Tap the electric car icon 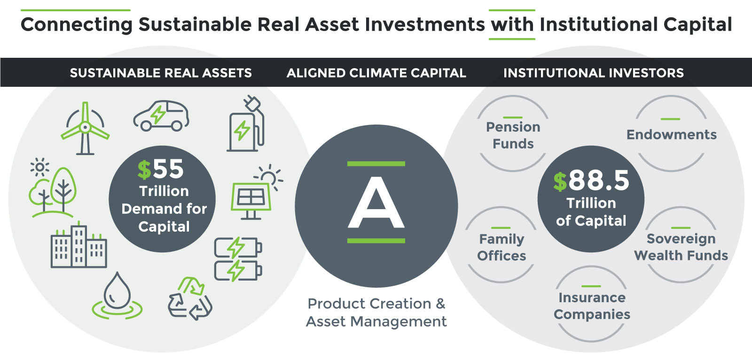161,116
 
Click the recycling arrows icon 190,298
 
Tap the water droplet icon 117,296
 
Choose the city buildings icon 79,244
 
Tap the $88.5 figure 591,180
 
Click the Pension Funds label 513,135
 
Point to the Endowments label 672,135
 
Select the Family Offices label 501,248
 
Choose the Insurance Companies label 592,306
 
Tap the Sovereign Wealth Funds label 681,247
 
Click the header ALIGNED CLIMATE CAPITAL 376,73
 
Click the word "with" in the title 512,24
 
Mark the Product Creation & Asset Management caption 376,313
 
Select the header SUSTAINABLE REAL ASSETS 161,73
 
